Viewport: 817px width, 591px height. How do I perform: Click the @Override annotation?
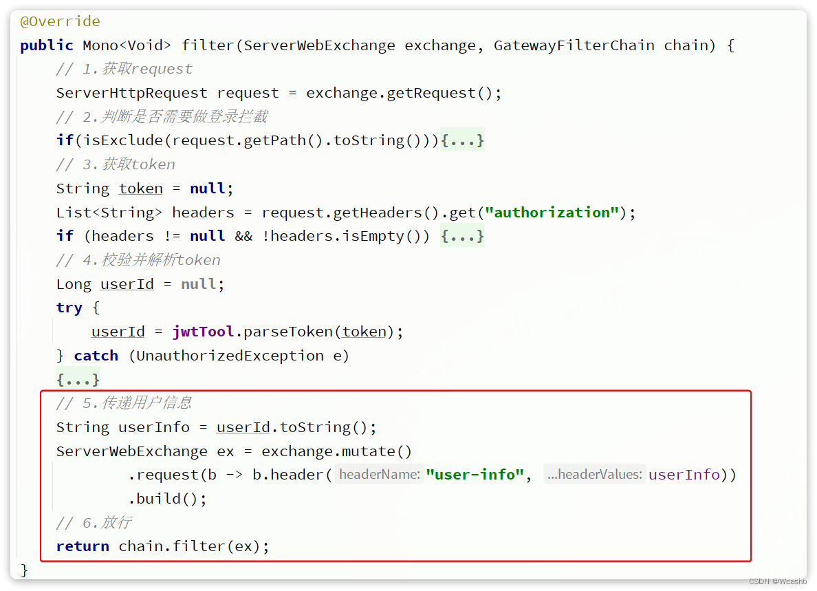(60, 21)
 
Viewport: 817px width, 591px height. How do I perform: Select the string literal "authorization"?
(552, 213)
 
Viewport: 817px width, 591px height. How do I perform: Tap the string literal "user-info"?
(475, 475)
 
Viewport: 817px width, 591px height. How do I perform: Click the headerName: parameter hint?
(380, 475)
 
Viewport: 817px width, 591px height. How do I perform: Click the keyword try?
(69, 308)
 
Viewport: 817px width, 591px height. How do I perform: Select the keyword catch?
(96, 356)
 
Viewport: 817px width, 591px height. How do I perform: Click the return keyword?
(83, 546)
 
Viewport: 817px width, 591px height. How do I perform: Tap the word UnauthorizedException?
(230, 356)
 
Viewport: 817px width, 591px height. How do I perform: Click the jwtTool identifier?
(203, 332)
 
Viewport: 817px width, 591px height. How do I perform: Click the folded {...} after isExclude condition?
(462, 140)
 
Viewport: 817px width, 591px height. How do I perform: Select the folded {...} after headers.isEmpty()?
(462, 236)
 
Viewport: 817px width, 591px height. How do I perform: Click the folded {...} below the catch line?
(78, 379)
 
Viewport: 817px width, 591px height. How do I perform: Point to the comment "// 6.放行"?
(94, 523)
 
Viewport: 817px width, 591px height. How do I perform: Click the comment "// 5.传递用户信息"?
(124, 403)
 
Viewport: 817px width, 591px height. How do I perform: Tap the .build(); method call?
(167, 499)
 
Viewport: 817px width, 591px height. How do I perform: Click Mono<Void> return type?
(127, 45)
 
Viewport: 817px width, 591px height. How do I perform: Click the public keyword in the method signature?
(47, 45)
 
